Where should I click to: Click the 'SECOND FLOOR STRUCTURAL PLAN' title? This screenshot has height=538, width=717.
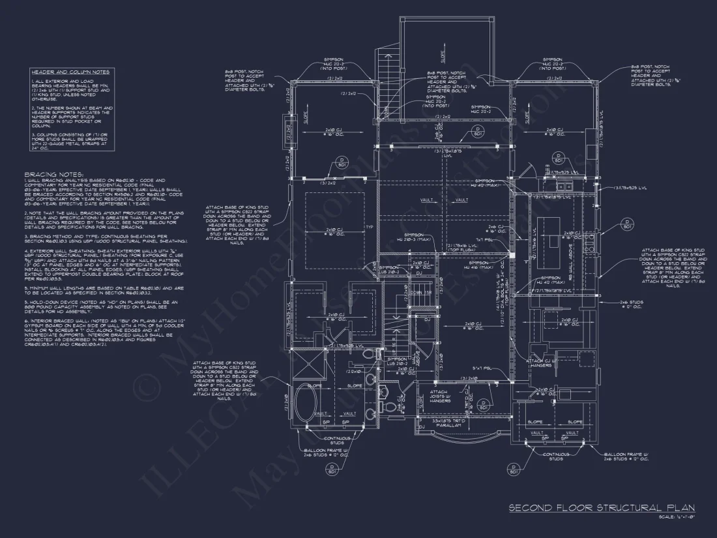point(601,508)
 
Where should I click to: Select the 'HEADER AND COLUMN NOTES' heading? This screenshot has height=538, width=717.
point(70,72)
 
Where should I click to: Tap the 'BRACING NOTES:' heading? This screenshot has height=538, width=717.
point(54,175)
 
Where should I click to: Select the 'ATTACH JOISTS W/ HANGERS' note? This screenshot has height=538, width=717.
point(438,396)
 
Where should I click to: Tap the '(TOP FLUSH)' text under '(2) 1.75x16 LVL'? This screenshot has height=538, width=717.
point(461,250)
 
